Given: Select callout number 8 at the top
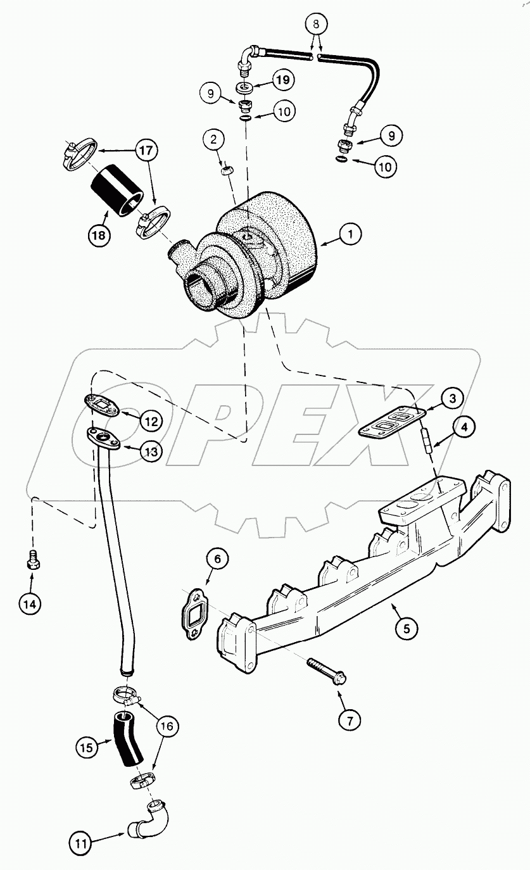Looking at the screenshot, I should click(x=317, y=25).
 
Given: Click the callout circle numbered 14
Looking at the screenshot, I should click(x=30, y=603).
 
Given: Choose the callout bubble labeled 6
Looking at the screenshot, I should click(x=217, y=559).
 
